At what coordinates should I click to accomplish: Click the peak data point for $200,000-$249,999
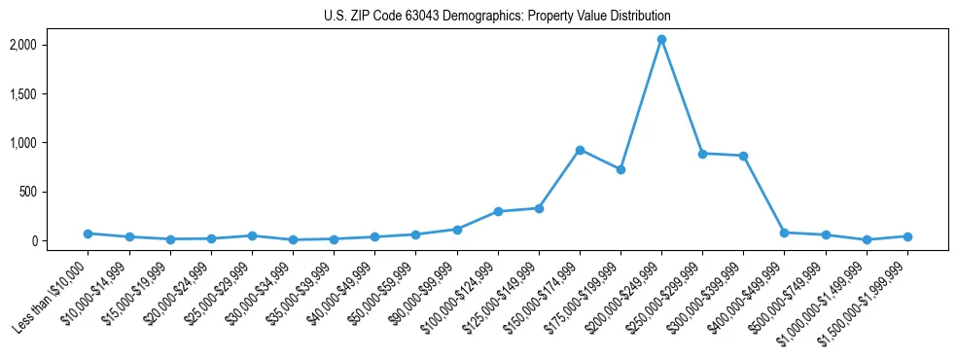(x=661, y=40)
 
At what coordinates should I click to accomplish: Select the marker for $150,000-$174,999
(x=580, y=150)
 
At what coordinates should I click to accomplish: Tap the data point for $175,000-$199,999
(x=620, y=169)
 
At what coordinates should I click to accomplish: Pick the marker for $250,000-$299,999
(x=702, y=154)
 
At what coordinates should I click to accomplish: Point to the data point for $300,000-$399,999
(x=743, y=156)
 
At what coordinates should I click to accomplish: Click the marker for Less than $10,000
(x=88, y=234)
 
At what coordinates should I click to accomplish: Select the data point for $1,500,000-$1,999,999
(x=907, y=236)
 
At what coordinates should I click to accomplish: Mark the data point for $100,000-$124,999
(x=498, y=211)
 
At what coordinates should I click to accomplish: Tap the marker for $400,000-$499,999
(x=784, y=233)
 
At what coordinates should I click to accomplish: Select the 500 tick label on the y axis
(x=54, y=192)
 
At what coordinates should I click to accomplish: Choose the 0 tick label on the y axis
(x=59, y=240)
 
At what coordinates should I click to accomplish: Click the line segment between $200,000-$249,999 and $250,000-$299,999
(x=682, y=97)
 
